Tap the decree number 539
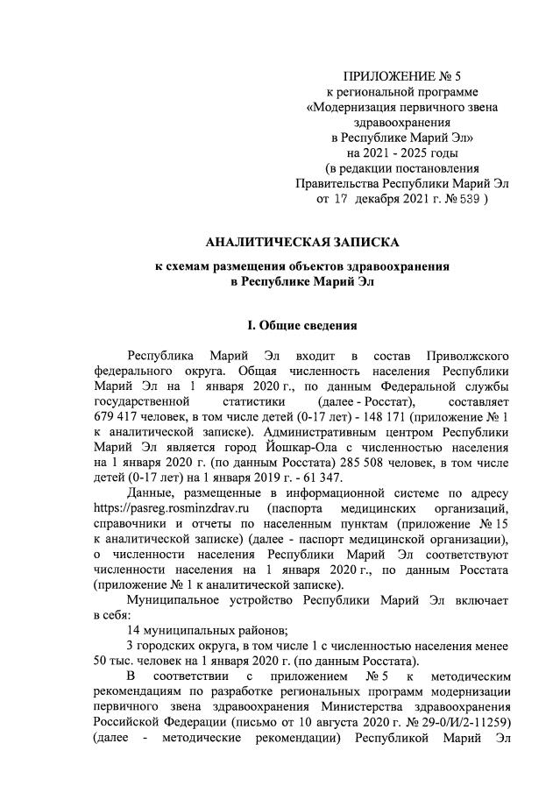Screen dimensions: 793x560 coord(464,199)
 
